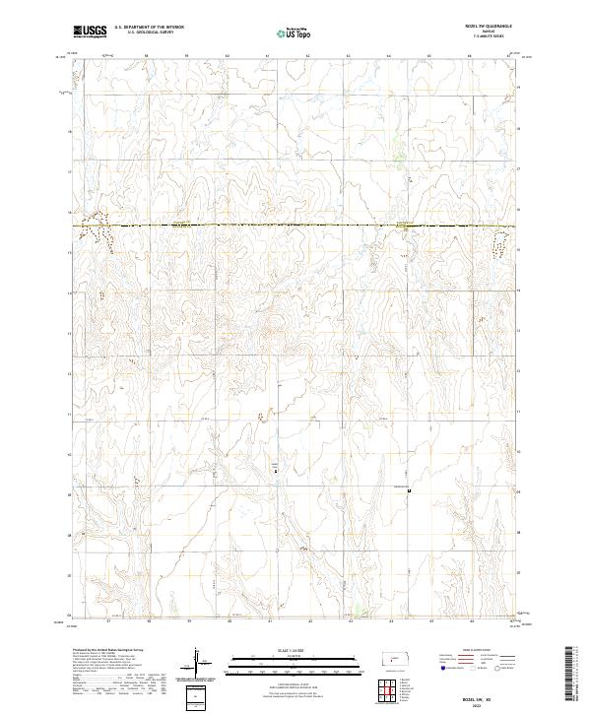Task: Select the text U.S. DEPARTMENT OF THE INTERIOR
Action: coord(149,29)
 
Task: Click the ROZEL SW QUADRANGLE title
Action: coord(489,29)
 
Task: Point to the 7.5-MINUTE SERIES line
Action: coord(489,37)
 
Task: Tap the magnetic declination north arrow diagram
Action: coord(196,663)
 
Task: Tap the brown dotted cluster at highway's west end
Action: coord(98,231)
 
